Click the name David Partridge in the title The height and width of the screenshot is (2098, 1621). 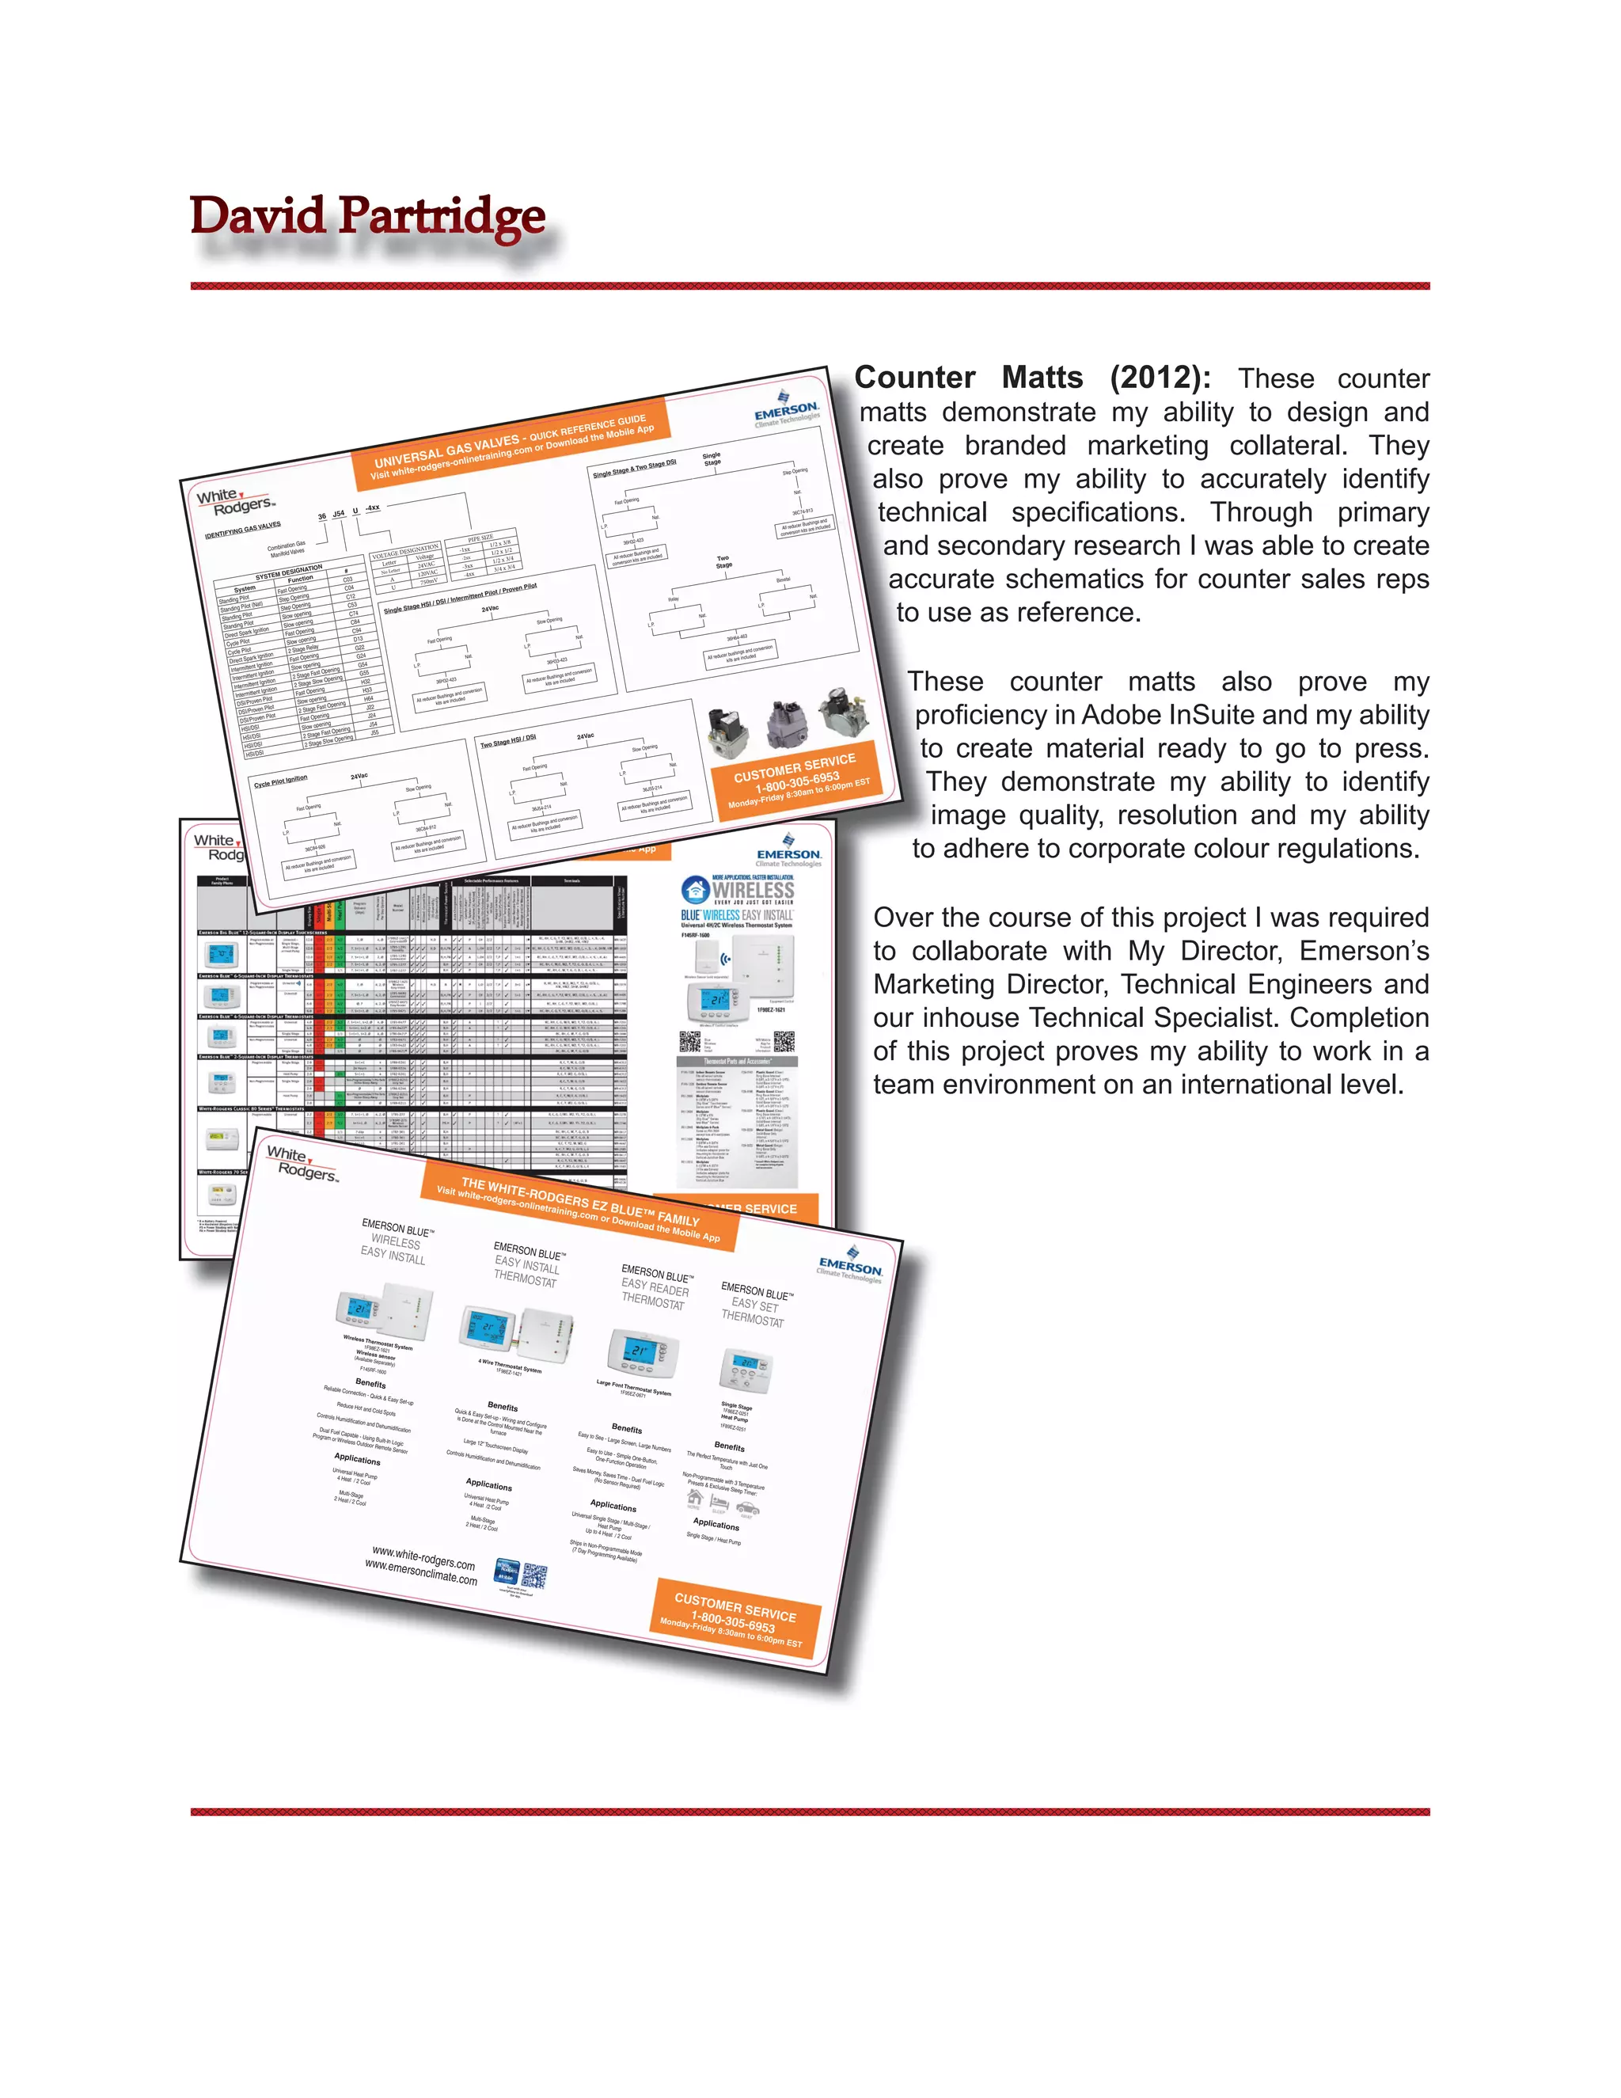pyautogui.click(x=368, y=216)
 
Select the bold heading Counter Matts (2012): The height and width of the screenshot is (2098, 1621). pyautogui.click(x=1032, y=378)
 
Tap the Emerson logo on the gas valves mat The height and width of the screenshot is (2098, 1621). pyautogui.click(x=787, y=411)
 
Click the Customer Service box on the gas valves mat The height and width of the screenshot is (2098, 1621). pyautogui.click(x=797, y=778)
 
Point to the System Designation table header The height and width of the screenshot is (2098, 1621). pyautogui.click(x=288, y=573)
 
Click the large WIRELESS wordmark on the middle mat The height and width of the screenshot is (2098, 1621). pyautogui.click(x=753, y=890)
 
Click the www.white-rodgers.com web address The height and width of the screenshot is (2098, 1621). pyautogui.click(x=423, y=1557)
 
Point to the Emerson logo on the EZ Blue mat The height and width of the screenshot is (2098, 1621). pyautogui.click(x=850, y=1269)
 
